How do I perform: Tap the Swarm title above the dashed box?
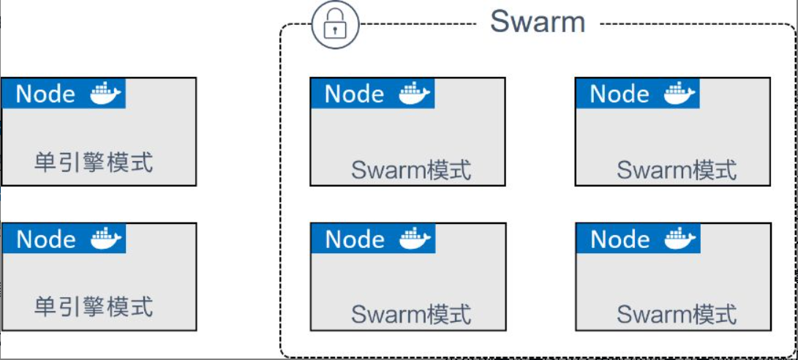538,21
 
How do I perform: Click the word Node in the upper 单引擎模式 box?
45,94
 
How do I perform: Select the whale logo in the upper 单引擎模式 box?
105,93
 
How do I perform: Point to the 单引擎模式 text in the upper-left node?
94,161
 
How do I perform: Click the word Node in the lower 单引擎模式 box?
45,239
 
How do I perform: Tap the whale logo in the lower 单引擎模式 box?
105,239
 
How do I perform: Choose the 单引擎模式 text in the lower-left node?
94,306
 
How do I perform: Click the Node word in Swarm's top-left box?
354,94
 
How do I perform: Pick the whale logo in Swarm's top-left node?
415,93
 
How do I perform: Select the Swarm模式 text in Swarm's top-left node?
411,170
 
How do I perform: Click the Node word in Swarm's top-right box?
620,94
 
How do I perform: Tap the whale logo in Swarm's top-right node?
680,93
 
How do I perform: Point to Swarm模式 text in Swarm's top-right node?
677,170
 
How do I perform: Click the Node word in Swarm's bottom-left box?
354,239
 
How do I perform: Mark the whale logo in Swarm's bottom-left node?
415,239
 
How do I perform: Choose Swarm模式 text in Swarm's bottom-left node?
411,314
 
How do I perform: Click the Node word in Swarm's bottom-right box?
620,239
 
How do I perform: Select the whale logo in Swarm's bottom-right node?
680,239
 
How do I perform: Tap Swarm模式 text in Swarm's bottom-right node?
677,314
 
